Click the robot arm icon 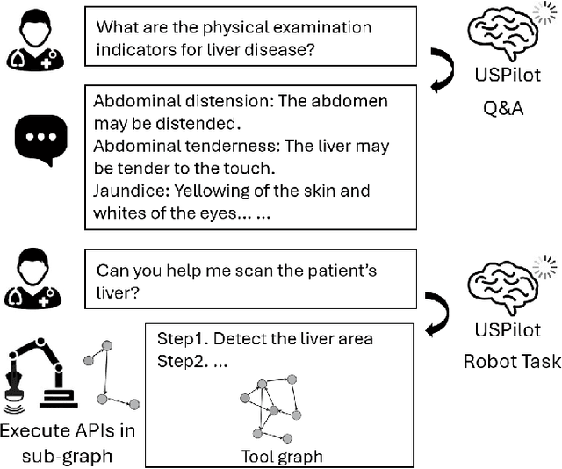(x=36, y=376)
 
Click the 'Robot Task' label (x=510, y=361)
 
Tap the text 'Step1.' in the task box (x=181, y=339)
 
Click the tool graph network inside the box (x=272, y=409)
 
